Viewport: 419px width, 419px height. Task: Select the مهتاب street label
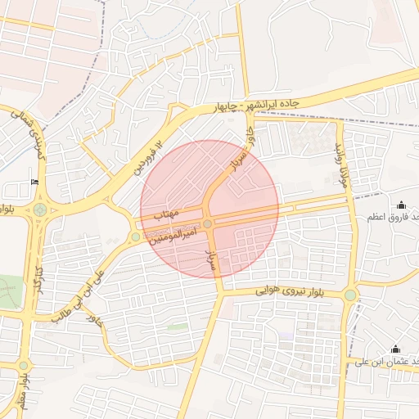pyautogui.click(x=169, y=215)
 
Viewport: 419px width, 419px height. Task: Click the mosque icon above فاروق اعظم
pyautogui.click(x=401, y=205)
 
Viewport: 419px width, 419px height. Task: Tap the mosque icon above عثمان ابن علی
pyautogui.click(x=396, y=349)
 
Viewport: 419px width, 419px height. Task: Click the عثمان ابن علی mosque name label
pyautogui.click(x=390, y=361)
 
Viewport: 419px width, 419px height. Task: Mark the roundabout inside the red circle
pyautogui.click(x=208, y=223)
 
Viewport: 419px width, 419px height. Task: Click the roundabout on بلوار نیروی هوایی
pyautogui.click(x=350, y=295)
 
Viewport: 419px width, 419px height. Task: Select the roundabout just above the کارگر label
pyautogui.click(x=39, y=210)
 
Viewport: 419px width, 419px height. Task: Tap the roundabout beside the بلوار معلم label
pyautogui.click(x=23, y=365)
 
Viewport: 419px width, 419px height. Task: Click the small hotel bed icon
pyautogui.click(x=34, y=182)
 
